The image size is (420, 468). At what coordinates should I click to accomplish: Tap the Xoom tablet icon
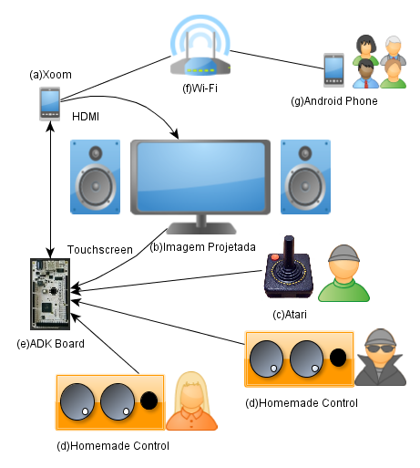click(50, 104)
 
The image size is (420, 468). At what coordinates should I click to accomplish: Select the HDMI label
click(86, 117)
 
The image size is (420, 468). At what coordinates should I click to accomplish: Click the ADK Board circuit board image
click(50, 294)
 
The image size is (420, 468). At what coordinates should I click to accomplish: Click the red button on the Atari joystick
click(275, 257)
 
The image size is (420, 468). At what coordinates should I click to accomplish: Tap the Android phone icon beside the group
click(333, 70)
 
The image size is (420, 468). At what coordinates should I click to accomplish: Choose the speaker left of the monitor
click(95, 177)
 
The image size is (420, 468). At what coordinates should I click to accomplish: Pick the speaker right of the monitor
click(305, 177)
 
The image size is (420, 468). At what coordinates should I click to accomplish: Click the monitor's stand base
click(201, 228)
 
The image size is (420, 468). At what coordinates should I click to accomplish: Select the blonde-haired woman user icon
click(191, 401)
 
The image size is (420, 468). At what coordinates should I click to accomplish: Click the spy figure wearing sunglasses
click(380, 357)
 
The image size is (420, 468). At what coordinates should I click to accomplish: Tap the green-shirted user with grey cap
click(343, 273)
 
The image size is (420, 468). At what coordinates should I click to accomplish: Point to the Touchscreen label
click(100, 250)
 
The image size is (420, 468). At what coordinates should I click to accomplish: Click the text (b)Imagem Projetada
click(202, 247)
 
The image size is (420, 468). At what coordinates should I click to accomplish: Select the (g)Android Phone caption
click(334, 101)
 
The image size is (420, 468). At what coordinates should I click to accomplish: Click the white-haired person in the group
click(394, 50)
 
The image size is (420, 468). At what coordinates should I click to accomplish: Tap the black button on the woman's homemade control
click(149, 400)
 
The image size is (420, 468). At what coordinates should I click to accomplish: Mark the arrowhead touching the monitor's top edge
click(175, 134)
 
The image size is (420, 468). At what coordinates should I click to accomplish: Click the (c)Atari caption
click(290, 315)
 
